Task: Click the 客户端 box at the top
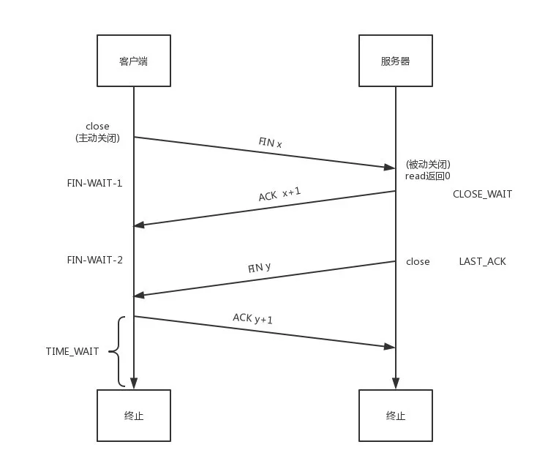pos(133,61)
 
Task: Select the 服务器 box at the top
pos(395,61)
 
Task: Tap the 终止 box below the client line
pos(133,416)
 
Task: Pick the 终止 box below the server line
pos(395,416)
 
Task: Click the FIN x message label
pos(270,143)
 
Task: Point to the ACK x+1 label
pos(280,194)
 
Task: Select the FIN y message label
pos(259,267)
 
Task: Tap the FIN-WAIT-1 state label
pos(94,183)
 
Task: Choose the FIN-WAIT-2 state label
pos(94,259)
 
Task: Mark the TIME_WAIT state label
pos(72,352)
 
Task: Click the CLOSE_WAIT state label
pos(482,194)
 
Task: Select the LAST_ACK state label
pos(482,261)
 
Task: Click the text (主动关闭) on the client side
pos(97,138)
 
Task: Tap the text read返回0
pos(428,176)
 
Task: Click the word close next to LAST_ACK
pos(418,261)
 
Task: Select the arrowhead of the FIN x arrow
pos(391,167)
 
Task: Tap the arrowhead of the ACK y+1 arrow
pos(391,346)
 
